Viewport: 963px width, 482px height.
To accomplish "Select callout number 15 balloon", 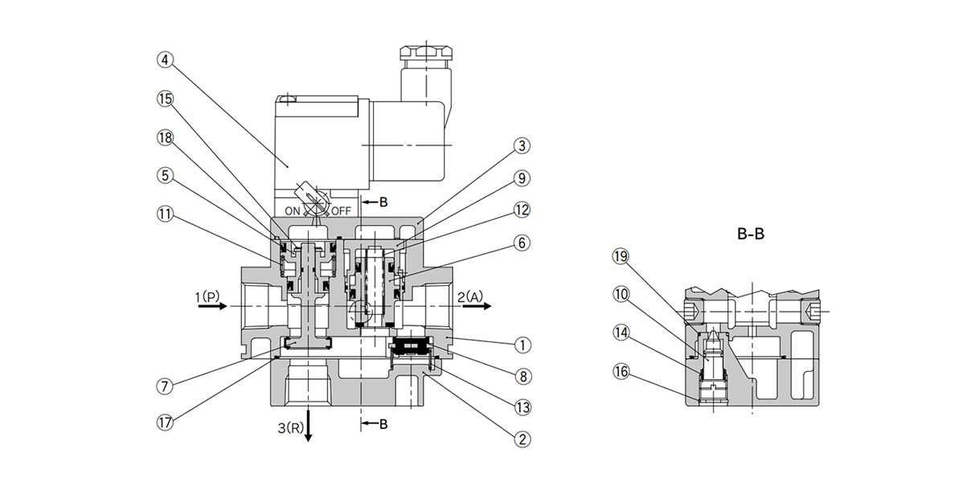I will (164, 98).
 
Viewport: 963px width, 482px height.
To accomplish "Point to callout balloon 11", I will (164, 214).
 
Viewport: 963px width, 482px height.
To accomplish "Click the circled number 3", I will (522, 145).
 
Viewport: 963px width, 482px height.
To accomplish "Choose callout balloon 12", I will (522, 210).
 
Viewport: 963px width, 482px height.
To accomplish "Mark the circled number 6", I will (522, 242).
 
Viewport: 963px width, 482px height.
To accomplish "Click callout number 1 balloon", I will (522, 345).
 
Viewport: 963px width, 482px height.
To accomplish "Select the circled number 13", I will (522, 406).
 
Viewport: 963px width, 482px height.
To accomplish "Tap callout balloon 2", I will (522, 439).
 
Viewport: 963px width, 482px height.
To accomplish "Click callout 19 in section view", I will (619, 256).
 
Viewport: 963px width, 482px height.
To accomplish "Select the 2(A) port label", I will (472, 296).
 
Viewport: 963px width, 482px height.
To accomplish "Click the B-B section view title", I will (751, 235).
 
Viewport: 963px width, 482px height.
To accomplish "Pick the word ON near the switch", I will (292, 211).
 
